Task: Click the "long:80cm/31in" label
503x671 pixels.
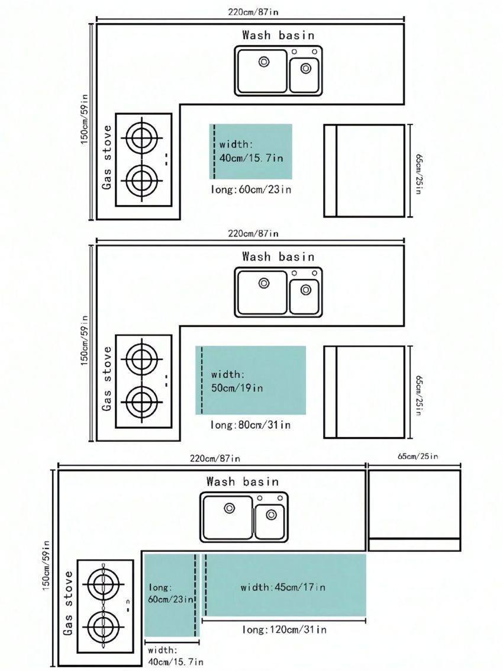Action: [251, 425]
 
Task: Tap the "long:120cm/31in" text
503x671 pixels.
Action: [285, 630]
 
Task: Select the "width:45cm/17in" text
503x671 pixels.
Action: [283, 587]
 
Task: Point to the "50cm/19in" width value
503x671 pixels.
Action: [237, 388]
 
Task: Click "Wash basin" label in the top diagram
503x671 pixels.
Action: [278, 35]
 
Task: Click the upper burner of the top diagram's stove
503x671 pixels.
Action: [141, 138]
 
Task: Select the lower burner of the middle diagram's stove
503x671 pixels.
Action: [141, 402]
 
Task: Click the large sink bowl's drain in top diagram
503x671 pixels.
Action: [264, 62]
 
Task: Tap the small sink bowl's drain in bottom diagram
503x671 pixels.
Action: [271, 515]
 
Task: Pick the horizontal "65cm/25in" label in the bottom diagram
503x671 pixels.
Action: [418, 456]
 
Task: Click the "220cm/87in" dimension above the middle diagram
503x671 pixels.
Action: [253, 233]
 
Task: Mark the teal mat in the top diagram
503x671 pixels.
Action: [251, 152]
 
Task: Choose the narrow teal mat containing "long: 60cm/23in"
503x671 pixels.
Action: [172, 595]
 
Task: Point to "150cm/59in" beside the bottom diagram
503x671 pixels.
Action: [46, 566]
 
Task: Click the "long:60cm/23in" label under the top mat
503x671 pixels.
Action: [251, 189]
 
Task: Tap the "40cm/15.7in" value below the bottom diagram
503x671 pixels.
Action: [176, 662]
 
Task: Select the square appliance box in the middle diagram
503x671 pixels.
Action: [364, 392]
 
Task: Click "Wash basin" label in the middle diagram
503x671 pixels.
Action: [278, 257]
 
